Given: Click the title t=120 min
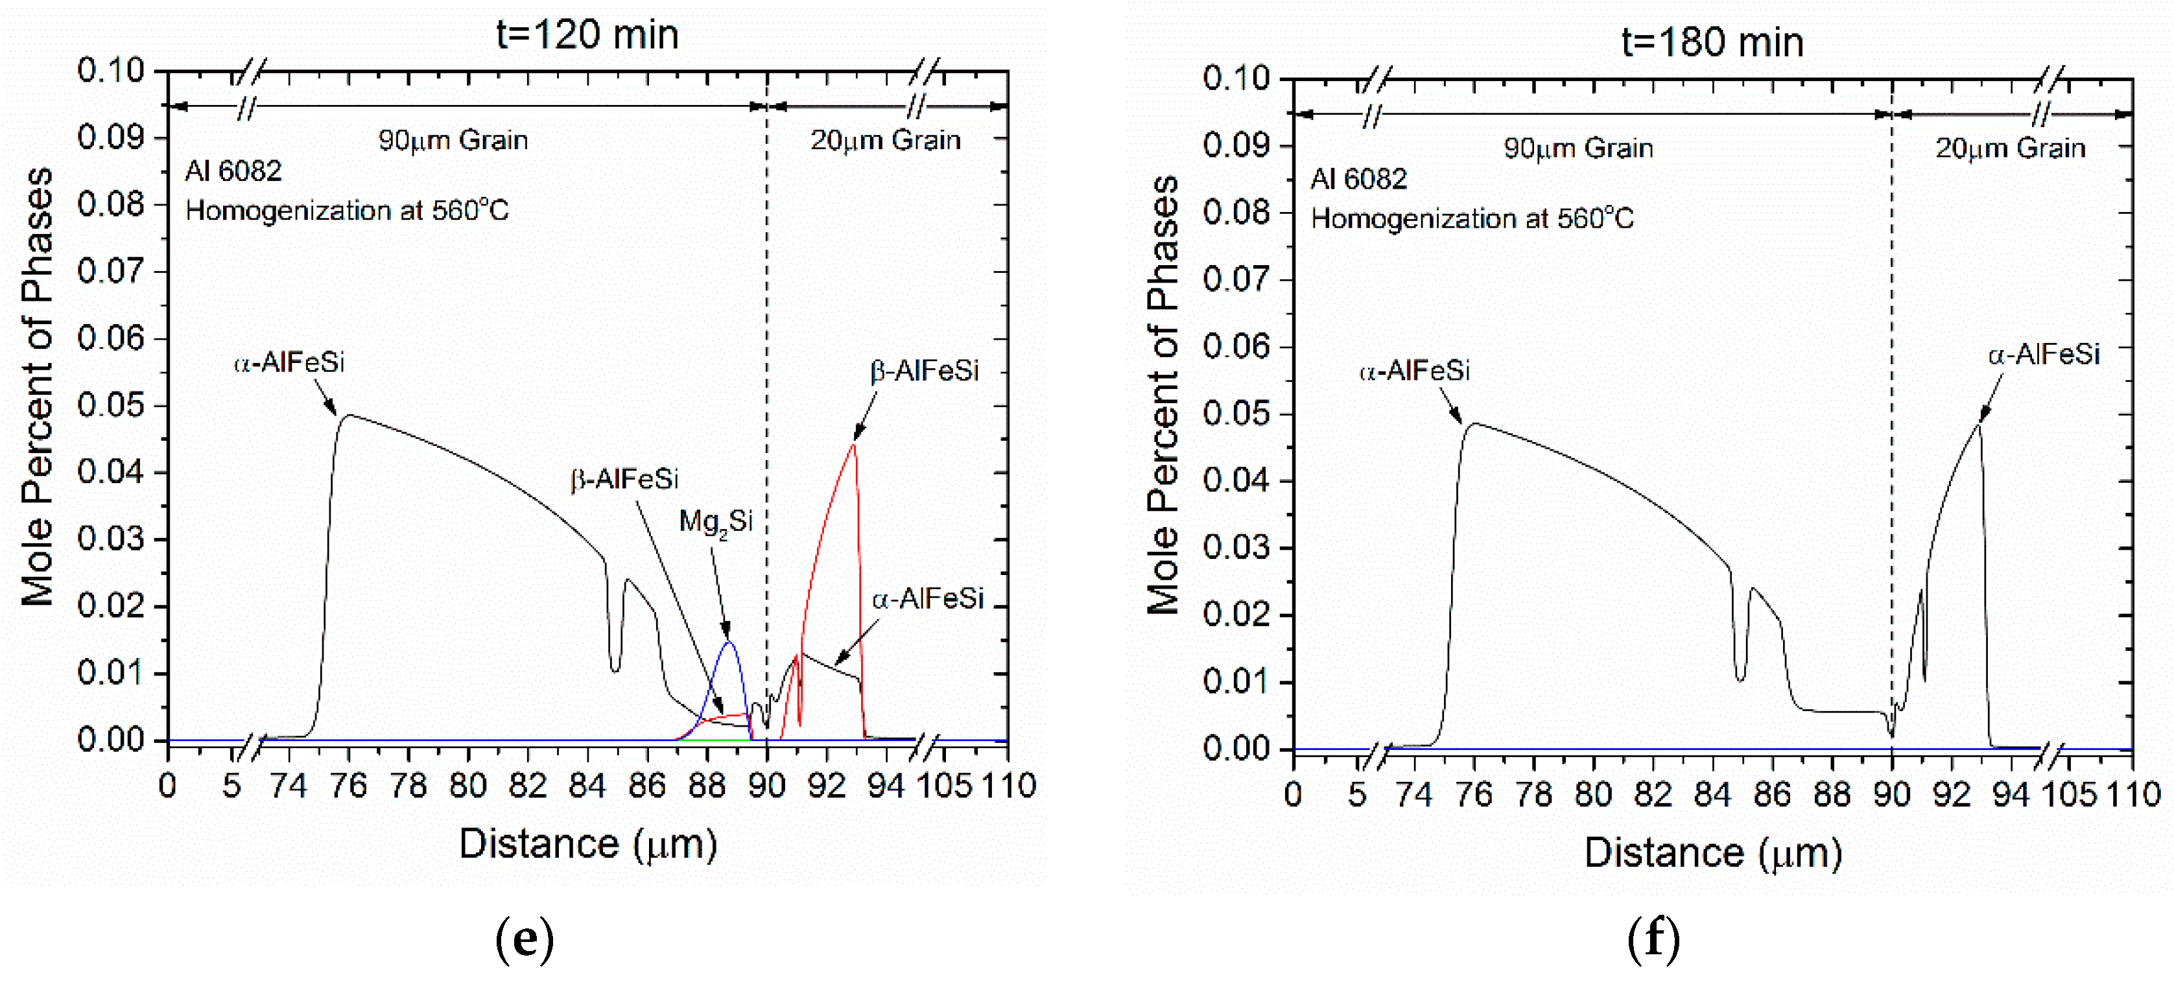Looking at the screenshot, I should (587, 36).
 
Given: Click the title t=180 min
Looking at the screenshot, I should (1712, 43).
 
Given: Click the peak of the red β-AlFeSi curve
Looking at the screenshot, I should (854, 444).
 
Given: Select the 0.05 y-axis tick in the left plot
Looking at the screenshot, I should (111, 405).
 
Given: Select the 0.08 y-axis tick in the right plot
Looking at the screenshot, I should (1236, 213).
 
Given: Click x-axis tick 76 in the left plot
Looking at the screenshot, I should (348, 786).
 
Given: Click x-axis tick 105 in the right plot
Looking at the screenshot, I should (2068, 795).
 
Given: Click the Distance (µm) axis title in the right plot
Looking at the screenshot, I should (1712, 853).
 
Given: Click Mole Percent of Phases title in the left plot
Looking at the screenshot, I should (38, 386).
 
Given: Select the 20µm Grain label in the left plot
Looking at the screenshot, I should (885, 140).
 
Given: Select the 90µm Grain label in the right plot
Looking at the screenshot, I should (1577, 148).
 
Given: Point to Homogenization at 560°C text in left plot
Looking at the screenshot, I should (347, 211).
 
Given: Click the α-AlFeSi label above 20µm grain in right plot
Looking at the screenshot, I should (2042, 355).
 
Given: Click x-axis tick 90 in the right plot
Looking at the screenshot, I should (1891, 795).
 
